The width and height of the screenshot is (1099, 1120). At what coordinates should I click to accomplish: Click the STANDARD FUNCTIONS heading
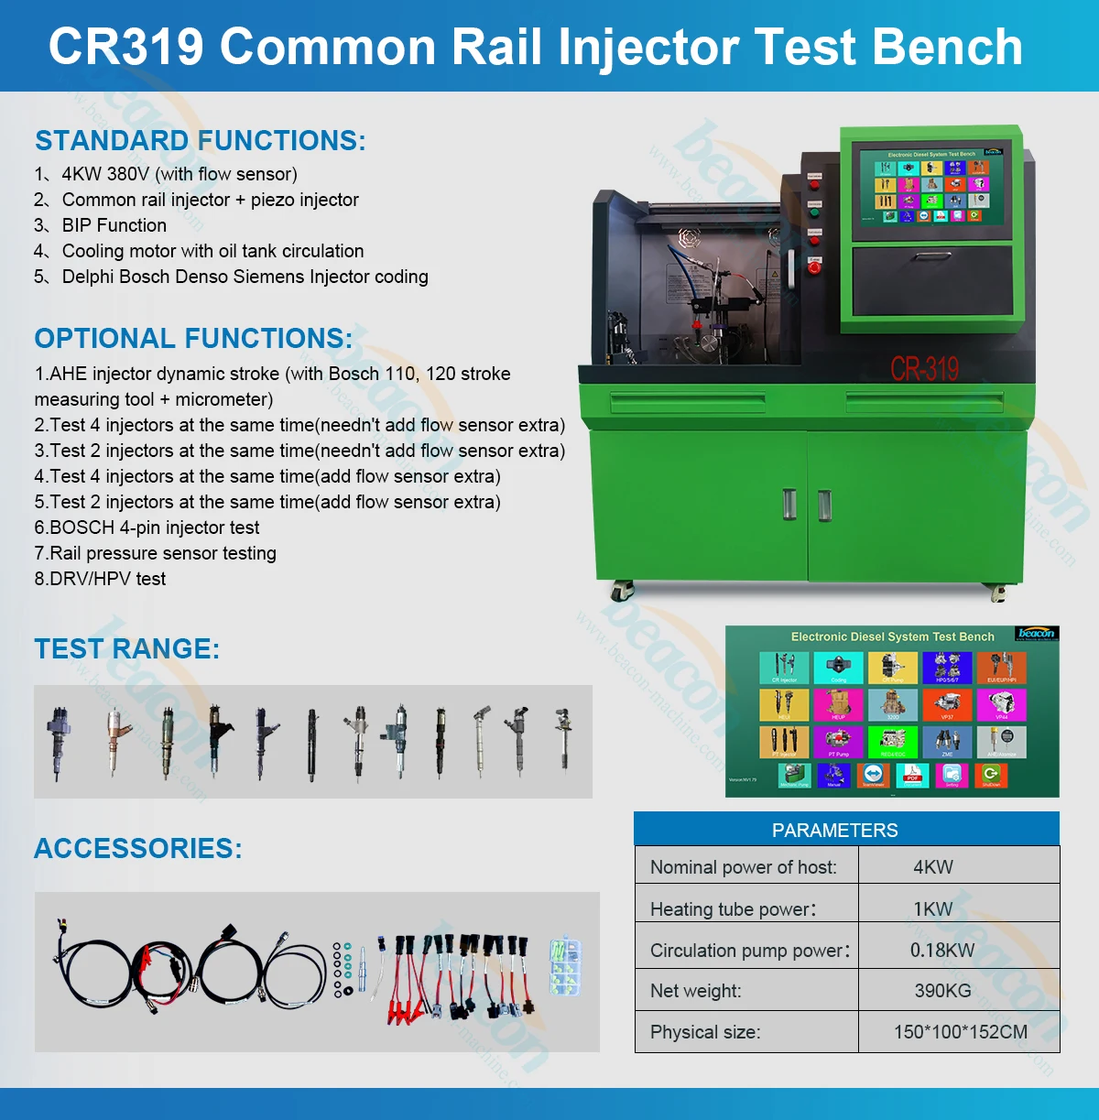click(x=200, y=141)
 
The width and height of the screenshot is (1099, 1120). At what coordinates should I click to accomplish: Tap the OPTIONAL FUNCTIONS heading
click(x=193, y=339)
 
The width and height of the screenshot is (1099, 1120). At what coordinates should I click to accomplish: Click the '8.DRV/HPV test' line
click(x=101, y=579)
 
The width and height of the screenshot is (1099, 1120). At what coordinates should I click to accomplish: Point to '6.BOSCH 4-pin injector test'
click(x=147, y=527)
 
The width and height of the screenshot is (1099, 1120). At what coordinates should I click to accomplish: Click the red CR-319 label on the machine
click(x=924, y=370)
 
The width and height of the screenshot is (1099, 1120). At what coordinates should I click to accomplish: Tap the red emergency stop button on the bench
click(x=814, y=266)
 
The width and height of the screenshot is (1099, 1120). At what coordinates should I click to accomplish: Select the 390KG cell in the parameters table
click(x=942, y=991)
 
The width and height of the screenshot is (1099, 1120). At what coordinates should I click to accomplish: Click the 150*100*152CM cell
click(x=960, y=1032)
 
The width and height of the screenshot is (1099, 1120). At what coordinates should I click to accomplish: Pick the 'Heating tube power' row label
click(x=733, y=909)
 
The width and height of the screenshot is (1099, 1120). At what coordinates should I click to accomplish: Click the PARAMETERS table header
click(x=834, y=831)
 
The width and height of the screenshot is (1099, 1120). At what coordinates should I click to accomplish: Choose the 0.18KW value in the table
click(x=942, y=951)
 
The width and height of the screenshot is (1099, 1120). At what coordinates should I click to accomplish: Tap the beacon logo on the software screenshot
click(x=1037, y=634)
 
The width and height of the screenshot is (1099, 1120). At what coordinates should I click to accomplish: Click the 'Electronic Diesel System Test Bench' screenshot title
click(x=892, y=636)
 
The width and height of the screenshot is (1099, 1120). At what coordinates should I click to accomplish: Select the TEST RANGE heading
click(x=126, y=649)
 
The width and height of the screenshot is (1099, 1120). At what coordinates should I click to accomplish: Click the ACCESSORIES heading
click(x=137, y=849)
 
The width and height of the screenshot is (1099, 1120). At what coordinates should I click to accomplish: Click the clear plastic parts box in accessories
click(x=566, y=966)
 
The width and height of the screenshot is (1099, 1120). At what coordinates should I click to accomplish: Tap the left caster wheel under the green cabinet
click(x=622, y=591)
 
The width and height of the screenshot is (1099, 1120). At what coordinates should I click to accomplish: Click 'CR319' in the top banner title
click(x=125, y=47)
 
